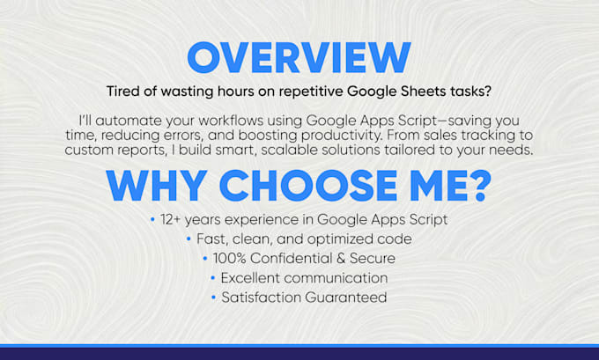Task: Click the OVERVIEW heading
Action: (299, 56)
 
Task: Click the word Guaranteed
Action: (342, 298)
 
